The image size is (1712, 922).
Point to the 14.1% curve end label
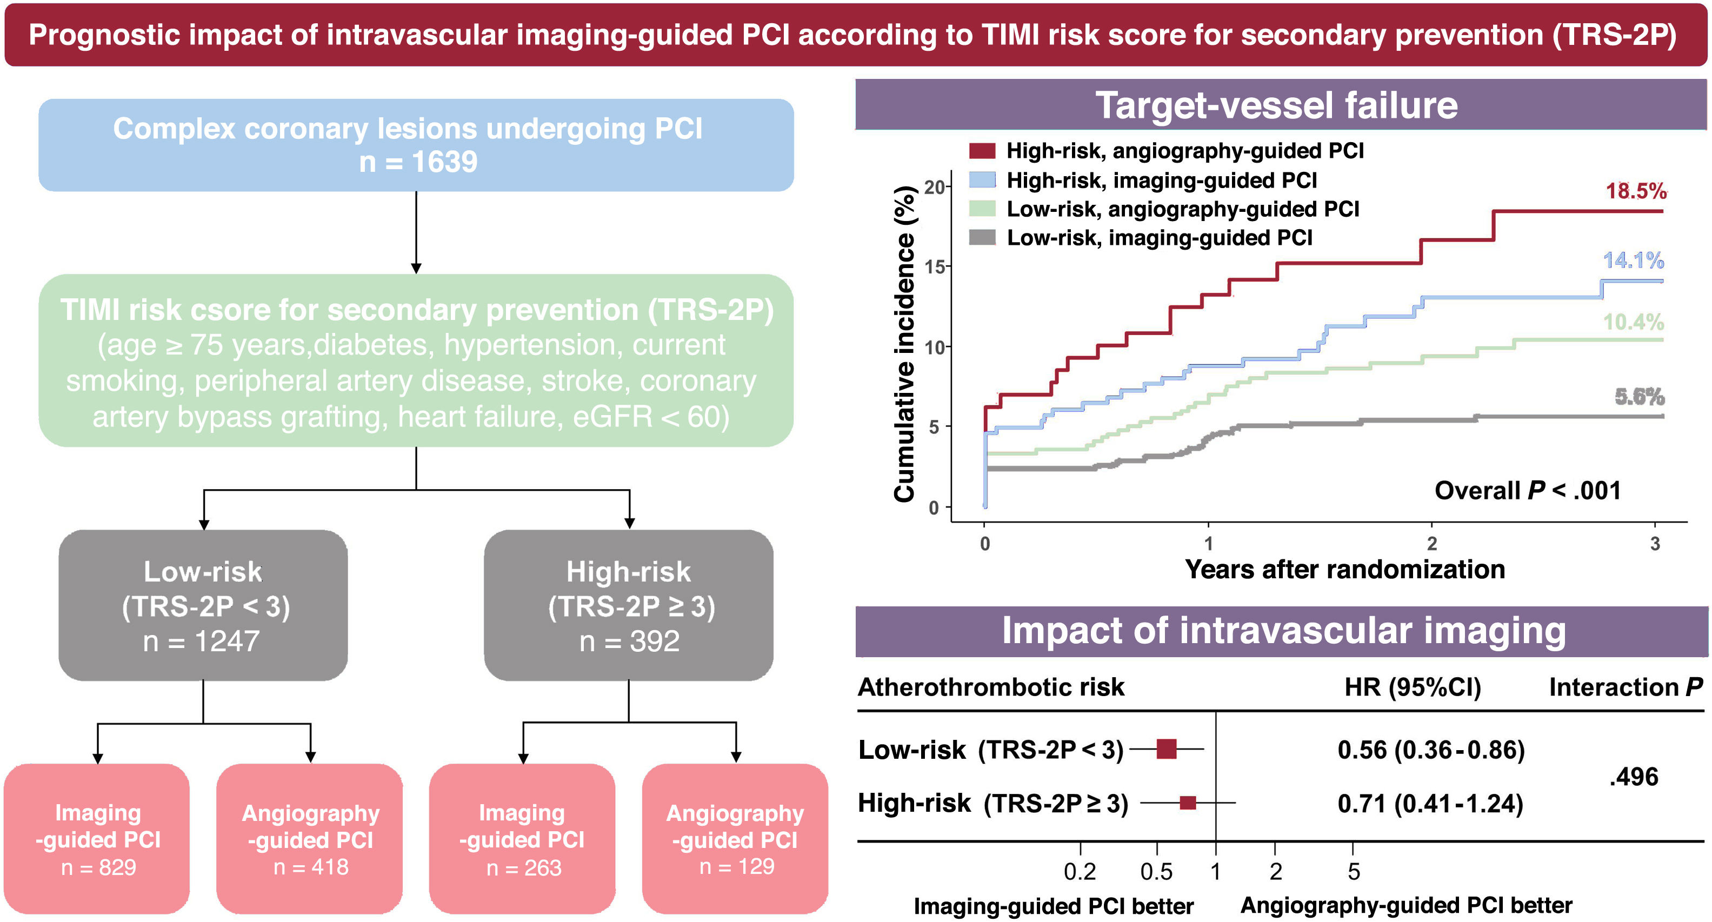pyautogui.click(x=1633, y=260)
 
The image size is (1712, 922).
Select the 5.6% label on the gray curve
pyautogui.click(x=1639, y=397)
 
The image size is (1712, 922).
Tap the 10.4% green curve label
pyautogui.click(x=1633, y=322)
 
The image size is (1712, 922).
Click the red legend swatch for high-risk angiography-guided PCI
pyautogui.click(x=982, y=151)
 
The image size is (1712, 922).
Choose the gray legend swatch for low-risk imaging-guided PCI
pyautogui.click(x=982, y=237)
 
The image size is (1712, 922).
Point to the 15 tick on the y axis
pyautogui.click(x=935, y=267)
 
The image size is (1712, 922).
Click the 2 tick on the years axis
pyautogui.click(x=1431, y=543)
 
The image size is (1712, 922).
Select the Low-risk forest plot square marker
pyautogui.click(x=1167, y=749)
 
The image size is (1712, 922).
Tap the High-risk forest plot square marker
pyautogui.click(x=1188, y=803)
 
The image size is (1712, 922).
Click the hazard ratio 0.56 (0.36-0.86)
pyautogui.click(x=1431, y=750)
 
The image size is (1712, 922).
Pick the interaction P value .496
pyautogui.click(x=1634, y=777)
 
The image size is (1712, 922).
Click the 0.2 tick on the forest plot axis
pyautogui.click(x=1080, y=871)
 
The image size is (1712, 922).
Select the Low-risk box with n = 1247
pyautogui.click(x=203, y=605)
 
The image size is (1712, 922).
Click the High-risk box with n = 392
pyautogui.click(x=629, y=605)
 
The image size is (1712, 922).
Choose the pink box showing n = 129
pyautogui.click(x=735, y=839)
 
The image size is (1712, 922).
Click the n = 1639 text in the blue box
pyautogui.click(x=417, y=162)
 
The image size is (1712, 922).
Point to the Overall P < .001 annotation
pyautogui.click(x=1527, y=490)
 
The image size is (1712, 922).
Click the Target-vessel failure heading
pyautogui.click(x=1276, y=105)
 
